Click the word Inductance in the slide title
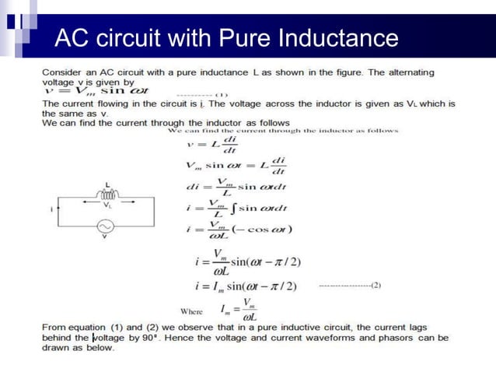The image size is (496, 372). pyautogui.click(x=337, y=37)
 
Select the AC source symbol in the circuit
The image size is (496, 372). pyautogui.click(x=104, y=226)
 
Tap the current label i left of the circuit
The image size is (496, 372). pyautogui.click(x=51, y=209)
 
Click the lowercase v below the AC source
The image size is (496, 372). pyautogui.click(x=104, y=237)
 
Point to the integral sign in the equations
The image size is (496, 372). pyautogui.click(x=231, y=208)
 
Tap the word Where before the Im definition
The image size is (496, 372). pyautogui.click(x=191, y=311)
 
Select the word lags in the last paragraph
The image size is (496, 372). pyautogui.click(x=436, y=328)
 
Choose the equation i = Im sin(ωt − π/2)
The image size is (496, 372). pyautogui.click(x=246, y=286)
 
